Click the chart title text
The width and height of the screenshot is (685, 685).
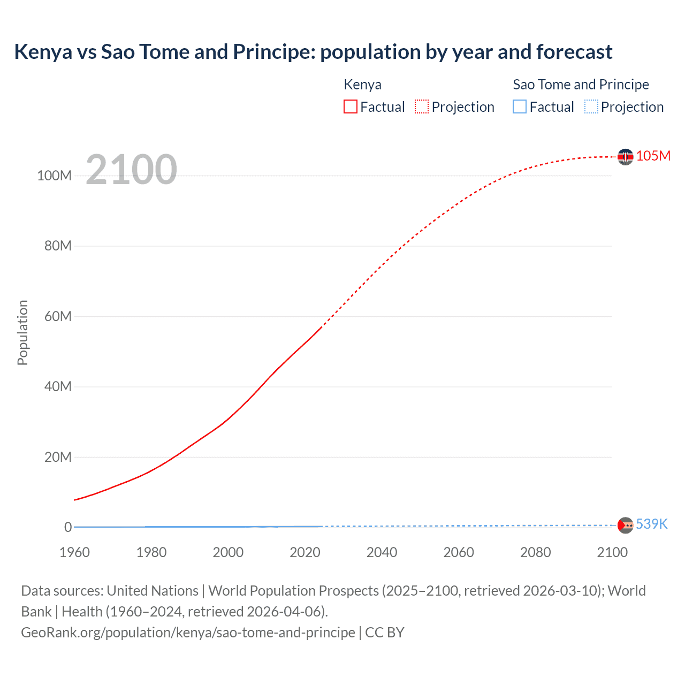tap(313, 52)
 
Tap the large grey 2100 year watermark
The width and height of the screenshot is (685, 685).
tap(131, 170)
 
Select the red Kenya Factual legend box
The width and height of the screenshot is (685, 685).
tap(350, 107)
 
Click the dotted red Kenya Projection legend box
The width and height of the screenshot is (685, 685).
tap(422, 107)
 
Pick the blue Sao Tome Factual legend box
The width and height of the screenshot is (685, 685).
tap(519, 107)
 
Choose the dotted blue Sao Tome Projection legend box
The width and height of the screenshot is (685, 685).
tap(591, 107)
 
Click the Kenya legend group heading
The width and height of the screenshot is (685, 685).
tap(362, 85)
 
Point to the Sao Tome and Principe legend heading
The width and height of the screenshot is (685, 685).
tap(581, 85)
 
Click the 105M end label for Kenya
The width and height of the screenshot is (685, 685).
tap(653, 156)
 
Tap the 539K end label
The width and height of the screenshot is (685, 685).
tap(651, 524)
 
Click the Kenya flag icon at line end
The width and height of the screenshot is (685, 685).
tap(625, 157)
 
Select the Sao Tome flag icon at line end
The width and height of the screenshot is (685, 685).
tap(625, 526)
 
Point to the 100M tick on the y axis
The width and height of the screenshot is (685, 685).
tap(54, 176)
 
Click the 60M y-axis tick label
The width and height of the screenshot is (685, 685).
tap(58, 316)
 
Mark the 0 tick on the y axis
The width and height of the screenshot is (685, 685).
tap(68, 527)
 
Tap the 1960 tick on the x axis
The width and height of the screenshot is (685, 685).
tap(74, 552)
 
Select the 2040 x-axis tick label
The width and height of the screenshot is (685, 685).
tap(382, 552)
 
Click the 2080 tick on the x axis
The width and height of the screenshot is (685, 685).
tap(535, 552)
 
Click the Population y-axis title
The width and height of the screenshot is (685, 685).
tap(22, 332)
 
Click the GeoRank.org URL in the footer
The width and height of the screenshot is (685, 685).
tap(188, 633)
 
